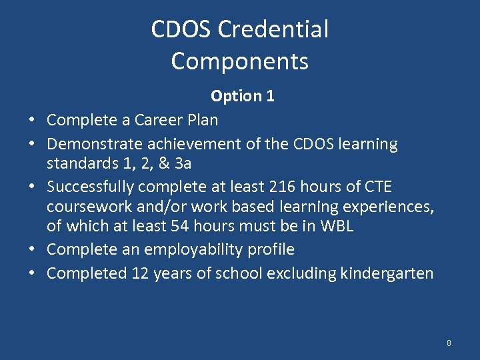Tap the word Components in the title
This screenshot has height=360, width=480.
(240, 61)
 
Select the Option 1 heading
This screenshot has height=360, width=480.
(242, 96)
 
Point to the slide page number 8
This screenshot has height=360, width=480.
(449, 343)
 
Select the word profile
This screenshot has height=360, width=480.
(271, 250)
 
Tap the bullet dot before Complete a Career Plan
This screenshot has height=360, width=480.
(31, 121)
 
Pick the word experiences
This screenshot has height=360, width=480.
(386, 207)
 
